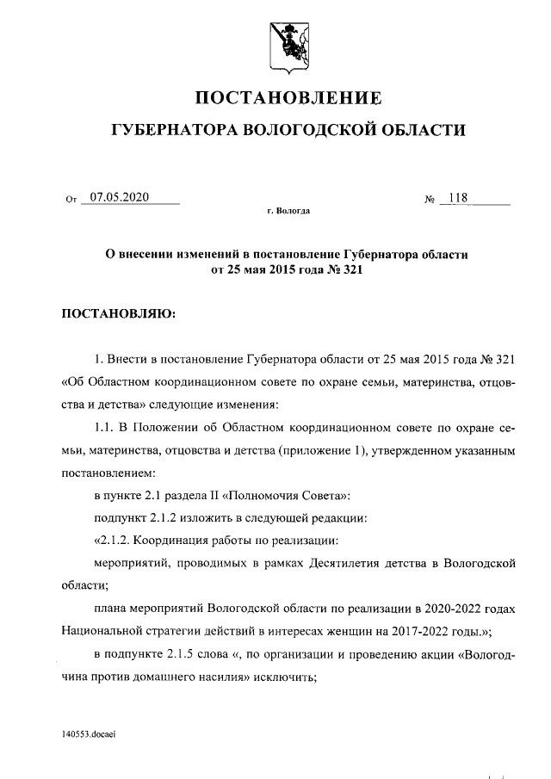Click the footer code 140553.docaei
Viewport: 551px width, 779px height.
89,733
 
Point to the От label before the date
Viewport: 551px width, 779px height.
71,199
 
